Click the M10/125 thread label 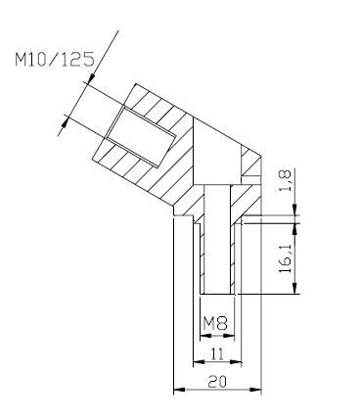coord(55,59)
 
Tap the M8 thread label coord(215,324)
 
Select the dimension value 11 coord(217,353)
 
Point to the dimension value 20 coord(217,382)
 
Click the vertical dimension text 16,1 coord(285,259)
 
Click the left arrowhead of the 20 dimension coord(179,390)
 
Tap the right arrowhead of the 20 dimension coord(255,390)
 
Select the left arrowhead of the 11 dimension coord(199,361)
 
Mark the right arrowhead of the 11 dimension coord(236,361)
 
